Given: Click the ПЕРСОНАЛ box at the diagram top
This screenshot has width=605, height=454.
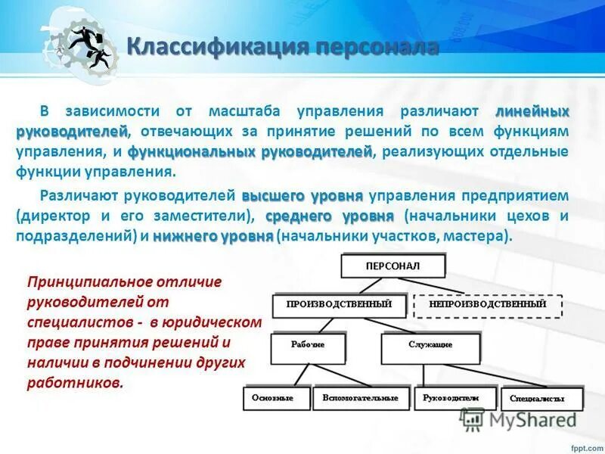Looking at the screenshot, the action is coord(392,266).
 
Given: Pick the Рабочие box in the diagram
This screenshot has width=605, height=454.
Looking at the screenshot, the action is coord(308,346).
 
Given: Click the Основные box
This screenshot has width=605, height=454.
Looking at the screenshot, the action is coord(276,398).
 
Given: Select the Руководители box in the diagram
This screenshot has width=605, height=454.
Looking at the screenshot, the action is coord(451,398).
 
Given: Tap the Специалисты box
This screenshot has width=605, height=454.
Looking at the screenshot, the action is coord(541,399).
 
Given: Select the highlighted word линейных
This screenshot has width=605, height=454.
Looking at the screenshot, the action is coord(532,111).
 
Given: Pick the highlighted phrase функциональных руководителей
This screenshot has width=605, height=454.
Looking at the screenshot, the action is coord(250,151).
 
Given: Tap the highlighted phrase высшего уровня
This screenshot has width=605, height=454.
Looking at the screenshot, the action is coord(302,195).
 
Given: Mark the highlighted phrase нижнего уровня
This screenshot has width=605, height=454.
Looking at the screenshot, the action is coord(213,236).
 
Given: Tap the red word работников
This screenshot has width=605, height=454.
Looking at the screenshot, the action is coord(74,383).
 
